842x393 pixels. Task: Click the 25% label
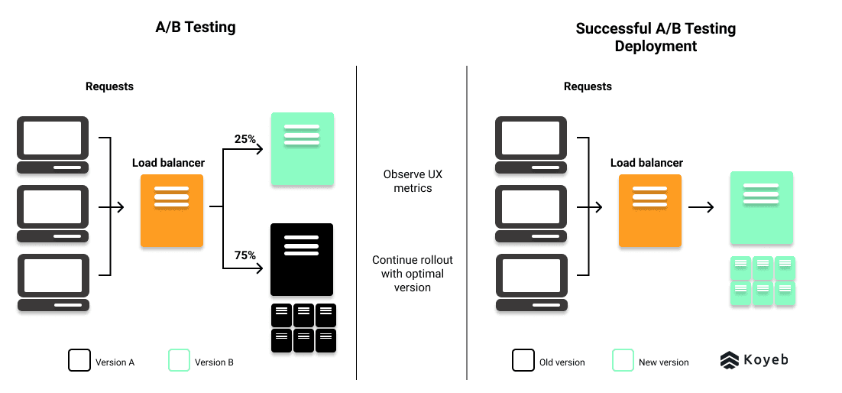(245, 139)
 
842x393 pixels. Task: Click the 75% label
(245, 255)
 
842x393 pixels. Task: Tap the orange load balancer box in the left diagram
(172, 210)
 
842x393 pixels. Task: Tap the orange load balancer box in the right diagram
(650, 210)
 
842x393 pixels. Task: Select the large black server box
(302, 259)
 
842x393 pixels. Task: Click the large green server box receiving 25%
(302, 149)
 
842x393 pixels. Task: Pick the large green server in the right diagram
(761, 207)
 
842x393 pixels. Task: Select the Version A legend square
(79, 360)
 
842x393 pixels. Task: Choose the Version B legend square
(179, 360)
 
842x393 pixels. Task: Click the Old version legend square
(523, 360)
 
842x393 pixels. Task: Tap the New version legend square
(623, 360)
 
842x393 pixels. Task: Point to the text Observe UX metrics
(413, 181)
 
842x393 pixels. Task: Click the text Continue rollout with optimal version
(413, 274)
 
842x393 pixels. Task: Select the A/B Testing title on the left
(196, 28)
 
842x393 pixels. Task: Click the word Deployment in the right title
(656, 47)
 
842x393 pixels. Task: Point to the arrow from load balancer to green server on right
(701, 206)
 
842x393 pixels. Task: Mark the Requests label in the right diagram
(588, 86)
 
